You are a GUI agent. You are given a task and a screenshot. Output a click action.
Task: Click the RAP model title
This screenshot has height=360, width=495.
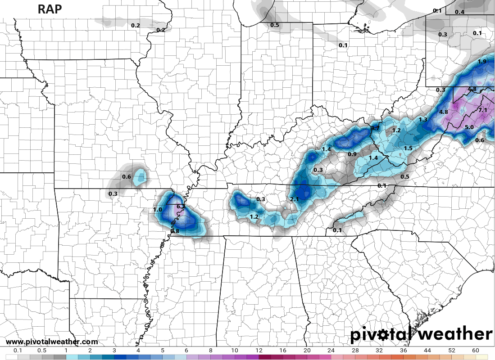click(50, 9)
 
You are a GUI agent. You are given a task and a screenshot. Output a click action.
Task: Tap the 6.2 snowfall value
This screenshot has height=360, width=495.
click(181, 207)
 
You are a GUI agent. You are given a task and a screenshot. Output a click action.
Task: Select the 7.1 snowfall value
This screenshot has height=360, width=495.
click(483, 110)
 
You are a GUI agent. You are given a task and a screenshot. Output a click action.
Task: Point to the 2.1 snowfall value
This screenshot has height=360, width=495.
click(295, 199)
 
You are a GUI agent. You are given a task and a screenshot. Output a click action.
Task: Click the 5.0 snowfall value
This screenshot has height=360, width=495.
click(469, 127)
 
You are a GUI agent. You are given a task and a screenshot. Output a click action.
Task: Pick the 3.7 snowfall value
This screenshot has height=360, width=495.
click(375, 129)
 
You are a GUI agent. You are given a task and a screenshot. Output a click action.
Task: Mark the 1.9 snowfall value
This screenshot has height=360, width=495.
click(481, 62)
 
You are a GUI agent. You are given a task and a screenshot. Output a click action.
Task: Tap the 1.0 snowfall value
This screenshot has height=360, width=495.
click(157, 210)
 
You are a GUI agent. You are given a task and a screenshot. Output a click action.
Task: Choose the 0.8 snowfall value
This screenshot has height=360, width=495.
click(175, 231)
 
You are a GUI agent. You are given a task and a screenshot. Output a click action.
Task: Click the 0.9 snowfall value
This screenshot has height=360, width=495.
click(352, 154)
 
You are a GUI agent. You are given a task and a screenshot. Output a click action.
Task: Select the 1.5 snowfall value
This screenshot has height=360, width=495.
click(408, 148)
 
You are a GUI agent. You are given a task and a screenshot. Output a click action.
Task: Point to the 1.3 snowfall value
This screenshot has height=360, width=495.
click(423, 120)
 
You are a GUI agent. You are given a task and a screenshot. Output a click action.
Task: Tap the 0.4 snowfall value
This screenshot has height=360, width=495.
click(459, 12)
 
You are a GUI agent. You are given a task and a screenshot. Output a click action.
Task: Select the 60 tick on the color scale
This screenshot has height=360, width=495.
click(476, 351)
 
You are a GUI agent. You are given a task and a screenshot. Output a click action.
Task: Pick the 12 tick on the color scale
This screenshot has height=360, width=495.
click(259, 351)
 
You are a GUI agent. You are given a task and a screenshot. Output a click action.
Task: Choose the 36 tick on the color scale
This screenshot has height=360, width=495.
click(403, 351)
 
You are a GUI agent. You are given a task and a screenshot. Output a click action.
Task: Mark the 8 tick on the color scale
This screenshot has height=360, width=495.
click(210, 351)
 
